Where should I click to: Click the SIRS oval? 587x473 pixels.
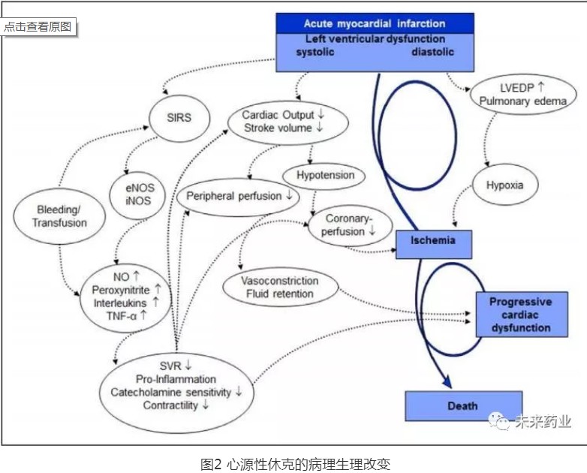click(x=179, y=117)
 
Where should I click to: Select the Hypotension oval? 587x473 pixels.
click(x=319, y=176)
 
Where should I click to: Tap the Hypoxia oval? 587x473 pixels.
click(x=498, y=185)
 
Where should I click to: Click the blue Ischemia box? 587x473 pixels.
click(x=434, y=241)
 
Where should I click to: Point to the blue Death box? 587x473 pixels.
click(x=462, y=405)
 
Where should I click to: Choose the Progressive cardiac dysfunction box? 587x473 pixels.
click(x=520, y=315)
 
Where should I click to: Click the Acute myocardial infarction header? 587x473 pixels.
click(x=375, y=23)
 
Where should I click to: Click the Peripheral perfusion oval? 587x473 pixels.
click(x=239, y=197)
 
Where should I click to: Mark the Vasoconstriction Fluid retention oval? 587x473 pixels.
click(x=280, y=287)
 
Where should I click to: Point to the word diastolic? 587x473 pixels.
click(x=432, y=53)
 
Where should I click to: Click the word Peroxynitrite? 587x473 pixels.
click(x=122, y=289)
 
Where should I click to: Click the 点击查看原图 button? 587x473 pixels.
click(x=38, y=26)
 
